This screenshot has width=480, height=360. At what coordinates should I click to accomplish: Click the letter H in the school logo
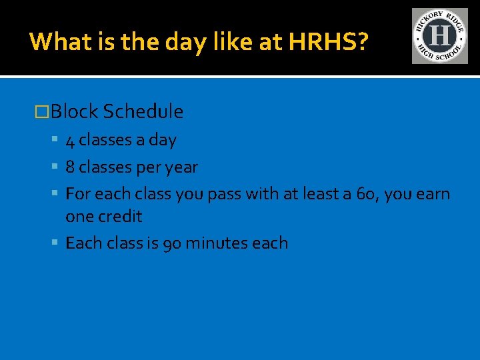tap(439, 35)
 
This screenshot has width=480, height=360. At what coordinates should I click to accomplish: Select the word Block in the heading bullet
tap(75, 111)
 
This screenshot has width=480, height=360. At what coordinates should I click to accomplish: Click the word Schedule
tap(143, 111)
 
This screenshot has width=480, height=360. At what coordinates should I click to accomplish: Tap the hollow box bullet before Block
tap(42, 112)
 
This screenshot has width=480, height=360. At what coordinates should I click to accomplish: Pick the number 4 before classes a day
tap(70, 141)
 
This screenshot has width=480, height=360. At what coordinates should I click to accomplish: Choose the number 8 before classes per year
tap(70, 167)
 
